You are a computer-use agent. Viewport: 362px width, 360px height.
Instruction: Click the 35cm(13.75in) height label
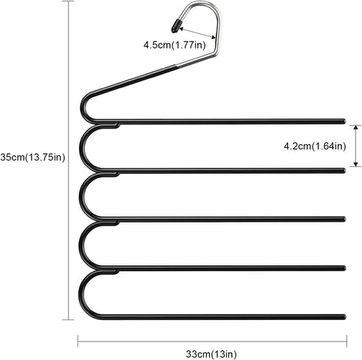click(33, 157)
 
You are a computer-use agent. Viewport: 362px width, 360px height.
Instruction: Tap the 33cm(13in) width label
click(211, 354)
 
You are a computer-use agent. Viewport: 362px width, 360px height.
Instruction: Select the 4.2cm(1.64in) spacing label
click(315, 146)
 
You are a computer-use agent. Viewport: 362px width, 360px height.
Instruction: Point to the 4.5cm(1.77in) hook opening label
click(174, 45)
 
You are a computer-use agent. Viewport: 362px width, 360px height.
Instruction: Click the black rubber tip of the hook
click(176, 26)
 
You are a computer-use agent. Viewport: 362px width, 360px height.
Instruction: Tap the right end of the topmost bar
click(344, 121)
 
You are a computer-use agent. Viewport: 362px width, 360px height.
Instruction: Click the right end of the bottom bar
click(344, 317)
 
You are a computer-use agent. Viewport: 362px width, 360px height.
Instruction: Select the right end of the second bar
click(344, 171)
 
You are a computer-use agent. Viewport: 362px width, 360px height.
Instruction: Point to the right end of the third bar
click(344, 219)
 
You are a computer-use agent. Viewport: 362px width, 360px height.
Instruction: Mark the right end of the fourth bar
click(344, 268)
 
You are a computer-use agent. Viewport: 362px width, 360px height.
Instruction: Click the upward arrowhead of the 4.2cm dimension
click(355, 127)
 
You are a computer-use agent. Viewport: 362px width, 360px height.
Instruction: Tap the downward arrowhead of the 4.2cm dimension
click(355, 164)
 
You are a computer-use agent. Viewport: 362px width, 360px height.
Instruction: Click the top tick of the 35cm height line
click(68, 1)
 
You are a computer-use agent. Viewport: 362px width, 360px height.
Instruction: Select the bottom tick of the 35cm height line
click(68, 319)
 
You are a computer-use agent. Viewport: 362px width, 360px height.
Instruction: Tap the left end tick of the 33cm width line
click(78, 341)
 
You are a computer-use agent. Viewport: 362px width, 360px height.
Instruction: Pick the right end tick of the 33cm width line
click(346, 341)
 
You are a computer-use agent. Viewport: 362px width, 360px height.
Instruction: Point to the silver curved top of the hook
click(207, 7)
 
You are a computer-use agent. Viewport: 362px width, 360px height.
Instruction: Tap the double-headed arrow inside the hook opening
click(197, 33)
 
